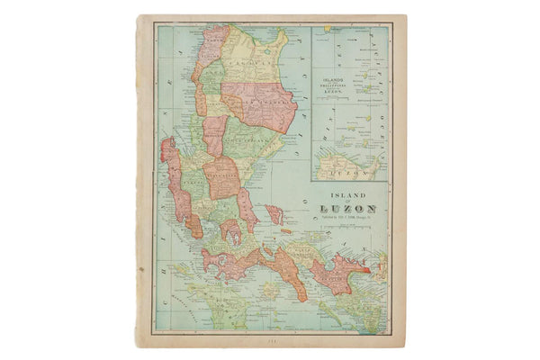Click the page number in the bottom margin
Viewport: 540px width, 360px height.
(264, 341)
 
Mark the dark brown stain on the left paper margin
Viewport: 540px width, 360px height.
(141, 267)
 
